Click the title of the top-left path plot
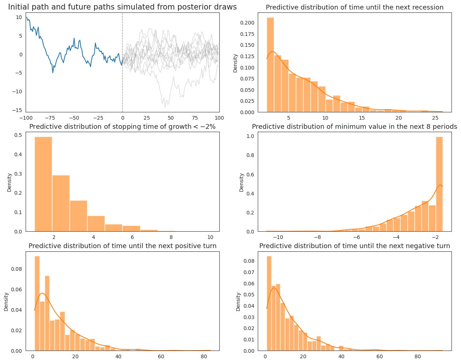(122, 7)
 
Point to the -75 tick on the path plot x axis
(50, 118)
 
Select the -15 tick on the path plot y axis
(18, 110)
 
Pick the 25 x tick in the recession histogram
(435, 118)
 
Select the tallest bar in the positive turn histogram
(37, 304)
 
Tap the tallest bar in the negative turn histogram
(269, 304)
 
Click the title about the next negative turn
(354, 246)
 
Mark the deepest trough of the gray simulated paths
(165, 107)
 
